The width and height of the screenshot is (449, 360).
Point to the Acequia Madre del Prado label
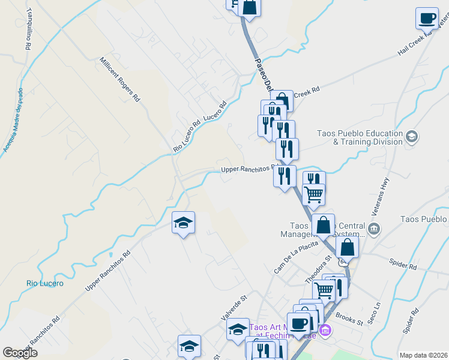click(x=13, y=120)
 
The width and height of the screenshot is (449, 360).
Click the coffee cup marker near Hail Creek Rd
click(x=427, y=19)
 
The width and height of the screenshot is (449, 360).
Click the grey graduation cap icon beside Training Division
click(x=412, y=137)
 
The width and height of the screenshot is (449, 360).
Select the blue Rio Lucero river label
click(x=45, y=283)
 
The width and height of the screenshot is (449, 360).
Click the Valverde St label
click(x=235, y=306)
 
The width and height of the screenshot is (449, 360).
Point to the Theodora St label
click(x=318, y=270)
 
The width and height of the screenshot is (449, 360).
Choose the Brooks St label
click(x=349, y=319)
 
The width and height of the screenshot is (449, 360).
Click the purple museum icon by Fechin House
click(x=325, y=330)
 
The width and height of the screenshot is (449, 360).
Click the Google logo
click(x=20, y=353)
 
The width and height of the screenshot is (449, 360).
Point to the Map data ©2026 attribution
click(x=423, y=355)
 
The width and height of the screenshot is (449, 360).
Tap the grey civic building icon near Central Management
click(x=375, y=229)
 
